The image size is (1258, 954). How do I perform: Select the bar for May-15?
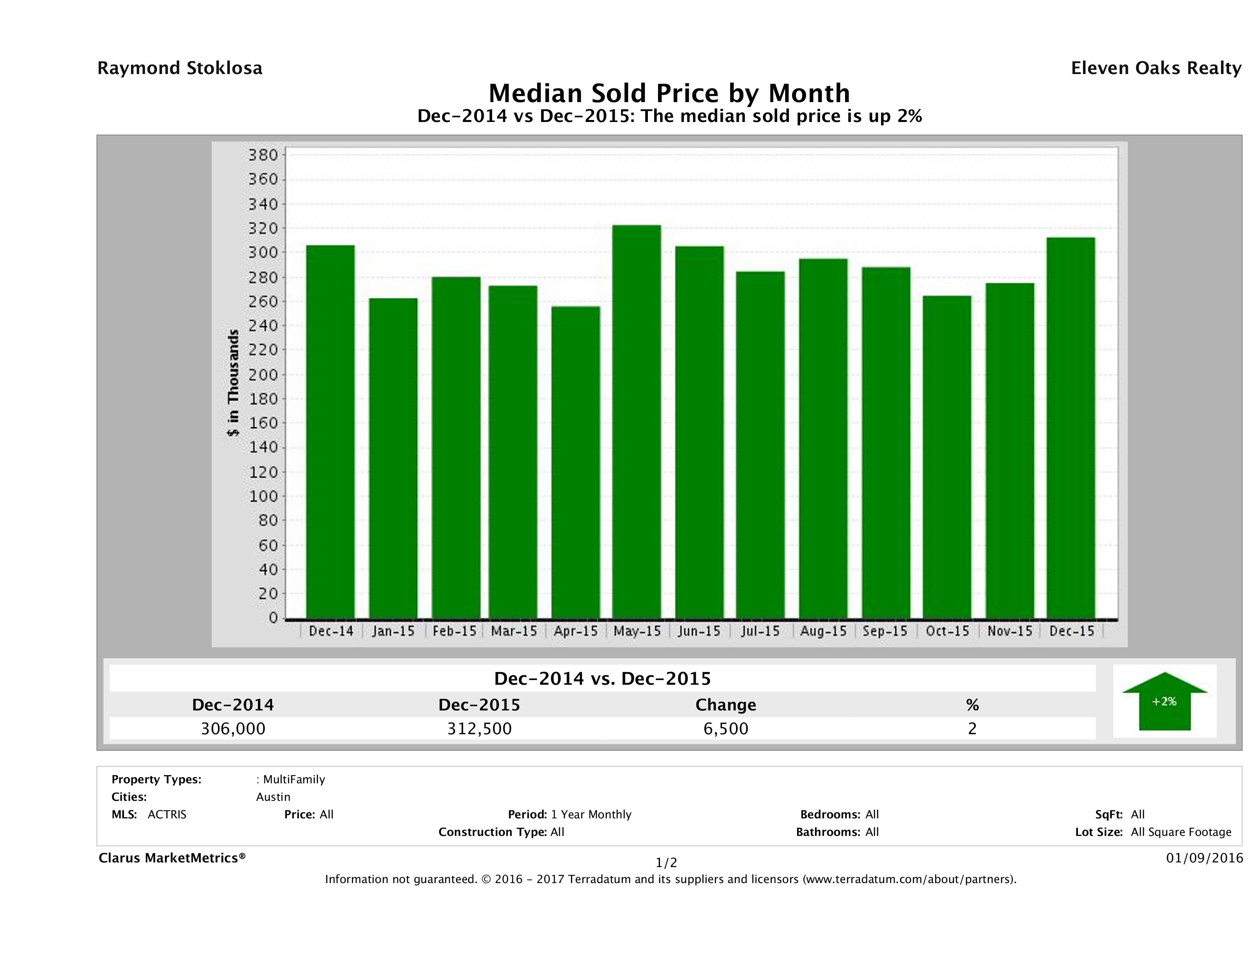pyautogui.click(x=636, y=422)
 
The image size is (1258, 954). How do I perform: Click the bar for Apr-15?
pyautogui.click(x=575, y=462)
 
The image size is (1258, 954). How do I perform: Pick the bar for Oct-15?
pyautogui.click(x=947, y=457)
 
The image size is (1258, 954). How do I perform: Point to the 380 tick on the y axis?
pyautogui.click(x=263, y=155)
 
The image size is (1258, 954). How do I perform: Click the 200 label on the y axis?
pyautogui.click(x=263, y=375)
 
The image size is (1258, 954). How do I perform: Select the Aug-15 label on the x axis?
pyautogui.click(x=823, y=631)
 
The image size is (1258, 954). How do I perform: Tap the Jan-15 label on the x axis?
pyautogui.click(x=393, y=631)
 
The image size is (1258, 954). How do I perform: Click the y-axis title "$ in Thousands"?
pyautogui.click(x=233, y=383)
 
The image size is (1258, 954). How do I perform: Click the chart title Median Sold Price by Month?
pyautogui.click(x=669, y=93)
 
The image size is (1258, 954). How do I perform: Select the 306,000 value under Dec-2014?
pyautogui.click(x=233, y=728)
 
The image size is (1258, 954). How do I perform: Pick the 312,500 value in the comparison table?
pyautogui.click(x=479, y=728)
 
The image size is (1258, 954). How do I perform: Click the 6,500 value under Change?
pyautogui.click(x=726, y=728)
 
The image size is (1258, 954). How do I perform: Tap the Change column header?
pyautogui.click(x=726, y=705)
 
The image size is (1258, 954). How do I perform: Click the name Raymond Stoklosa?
pyautogui.click(x=180, y=68)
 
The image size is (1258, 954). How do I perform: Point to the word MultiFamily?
pyautogui.click(x=294, y=779)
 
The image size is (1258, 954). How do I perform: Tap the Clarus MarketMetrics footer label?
pyautogui.click(x=172, y=857)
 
